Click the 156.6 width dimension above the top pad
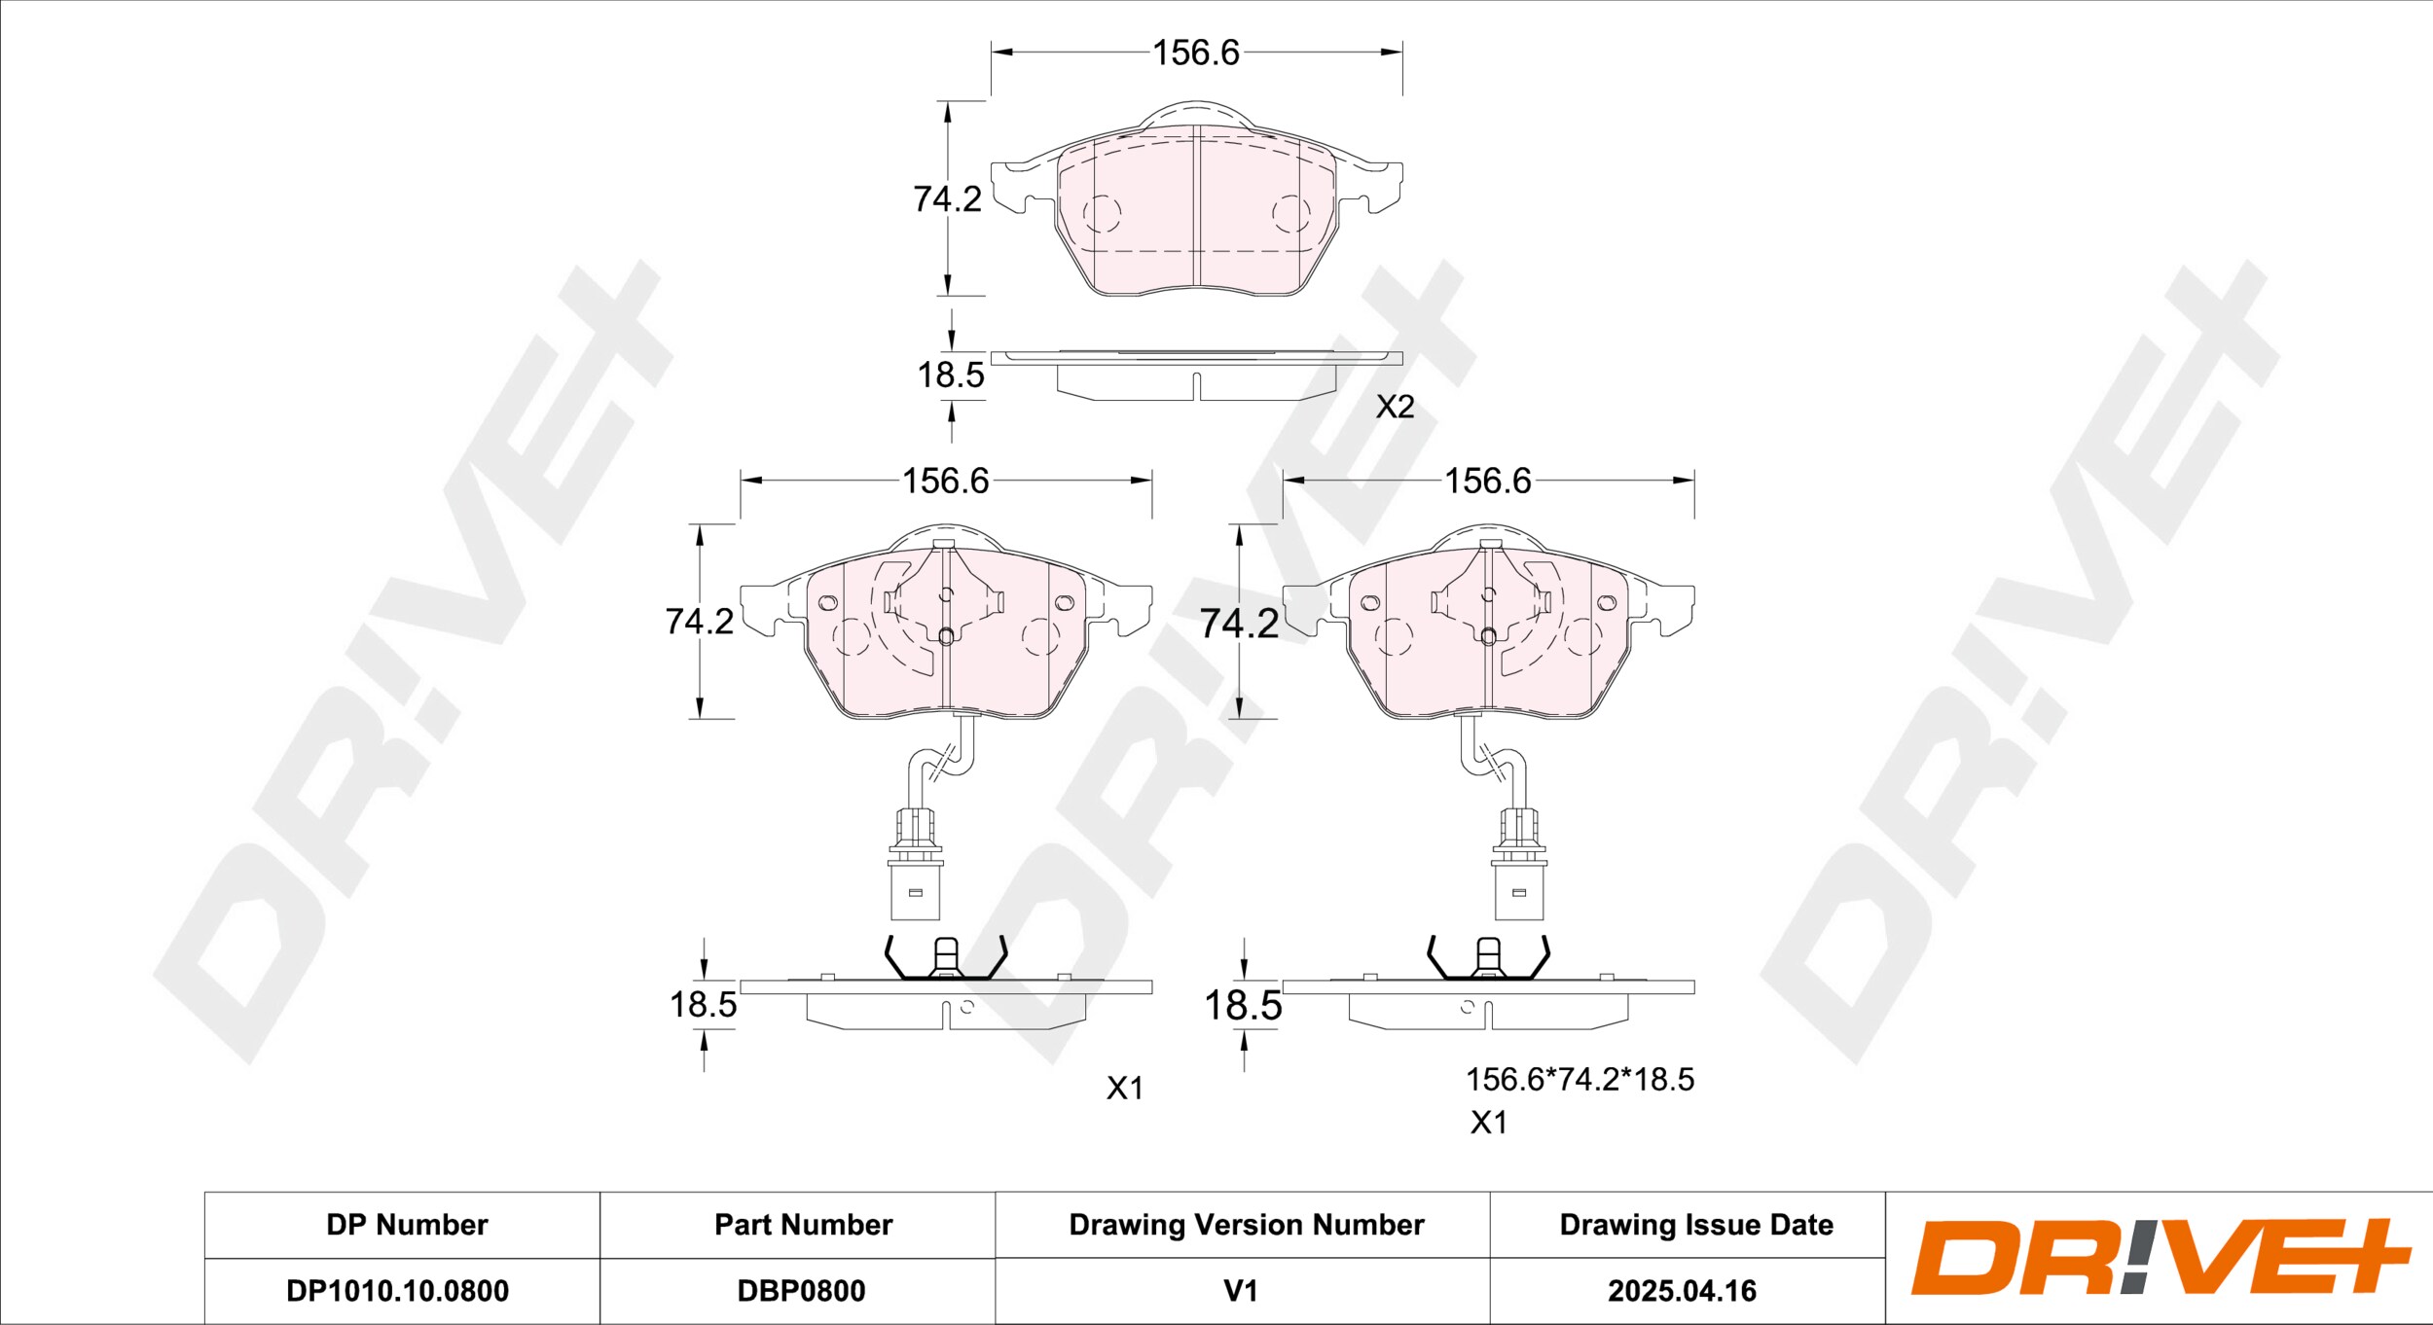(1196, 53)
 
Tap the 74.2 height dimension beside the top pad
(947, 199)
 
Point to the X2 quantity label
(1395, 407)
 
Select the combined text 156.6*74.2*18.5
(1580, 1079)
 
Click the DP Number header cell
(407, 1225)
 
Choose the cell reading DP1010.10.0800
(397, 1291)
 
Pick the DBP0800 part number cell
(801, 1291)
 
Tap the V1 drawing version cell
(1241, 1291)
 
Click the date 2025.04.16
(1683, 1291)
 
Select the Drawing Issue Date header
(1696, 1225)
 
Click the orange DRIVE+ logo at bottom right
(2161, 1258)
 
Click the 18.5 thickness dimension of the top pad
(951, 376)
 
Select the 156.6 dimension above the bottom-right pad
(1488, 481)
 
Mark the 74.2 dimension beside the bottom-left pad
(699, 621)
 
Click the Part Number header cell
(803, 1225)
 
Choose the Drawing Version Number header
(1247, 1225)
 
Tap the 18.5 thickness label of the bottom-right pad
(1243, 1005)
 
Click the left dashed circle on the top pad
(1102, 213)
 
